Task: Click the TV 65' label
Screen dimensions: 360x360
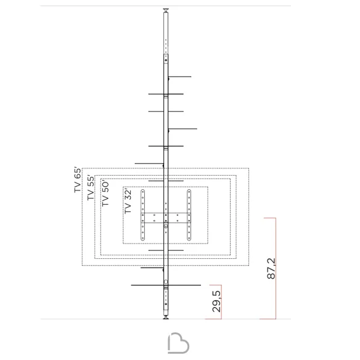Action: tap(78, 180)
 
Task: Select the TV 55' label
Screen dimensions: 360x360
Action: tap(91, 188)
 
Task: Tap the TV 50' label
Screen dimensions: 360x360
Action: tap(105, 193)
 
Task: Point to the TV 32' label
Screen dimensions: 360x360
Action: tap(128, 202)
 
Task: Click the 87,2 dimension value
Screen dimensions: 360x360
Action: tap(271, 268)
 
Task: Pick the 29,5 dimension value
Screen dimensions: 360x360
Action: tap(216, 301)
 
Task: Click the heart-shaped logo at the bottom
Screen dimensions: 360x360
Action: tap(178, 343)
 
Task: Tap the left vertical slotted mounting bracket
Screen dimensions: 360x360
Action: tap(142, 215)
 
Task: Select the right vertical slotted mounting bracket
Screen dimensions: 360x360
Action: tap(189, 215)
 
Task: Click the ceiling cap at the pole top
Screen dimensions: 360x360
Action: tap(166, 10)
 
